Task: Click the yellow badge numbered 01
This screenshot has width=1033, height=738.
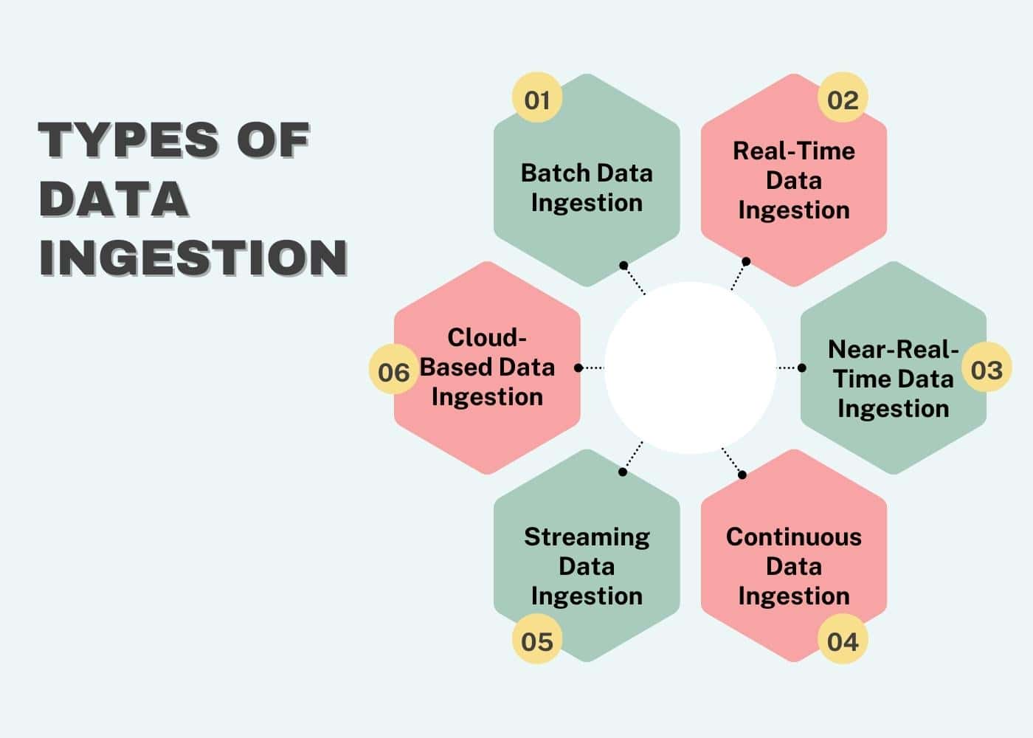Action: click(x=537, y=98)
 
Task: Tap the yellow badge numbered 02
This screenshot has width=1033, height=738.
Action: click(x=843, y=98)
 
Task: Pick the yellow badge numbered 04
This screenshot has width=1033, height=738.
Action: click(x=843, y=640)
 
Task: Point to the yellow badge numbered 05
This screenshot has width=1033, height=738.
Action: click(x=537, y=640)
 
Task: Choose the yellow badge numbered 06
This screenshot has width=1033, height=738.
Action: click(x=393, y=370)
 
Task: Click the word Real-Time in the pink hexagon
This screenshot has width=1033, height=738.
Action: click(x=793, y=151)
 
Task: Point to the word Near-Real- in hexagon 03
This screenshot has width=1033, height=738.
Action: click(x=893, y=348)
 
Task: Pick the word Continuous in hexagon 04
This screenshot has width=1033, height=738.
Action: click(x=793, y=537)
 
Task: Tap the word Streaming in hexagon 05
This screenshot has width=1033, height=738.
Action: click(x=587, y=537)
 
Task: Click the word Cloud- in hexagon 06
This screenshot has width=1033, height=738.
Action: click(x=487, y=337)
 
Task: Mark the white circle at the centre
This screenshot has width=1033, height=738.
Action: click(x=690, y=368)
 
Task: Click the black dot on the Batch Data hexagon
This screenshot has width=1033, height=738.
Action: click(x=623, y=265)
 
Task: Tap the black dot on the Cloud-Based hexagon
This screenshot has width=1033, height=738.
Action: click(x=578, y=368)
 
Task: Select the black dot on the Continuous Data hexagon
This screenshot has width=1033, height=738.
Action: click(x=742, y=475)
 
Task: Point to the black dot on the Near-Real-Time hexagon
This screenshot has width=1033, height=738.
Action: click(x=802, y=368)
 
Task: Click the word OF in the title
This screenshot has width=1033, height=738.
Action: click(x=272, y=139)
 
